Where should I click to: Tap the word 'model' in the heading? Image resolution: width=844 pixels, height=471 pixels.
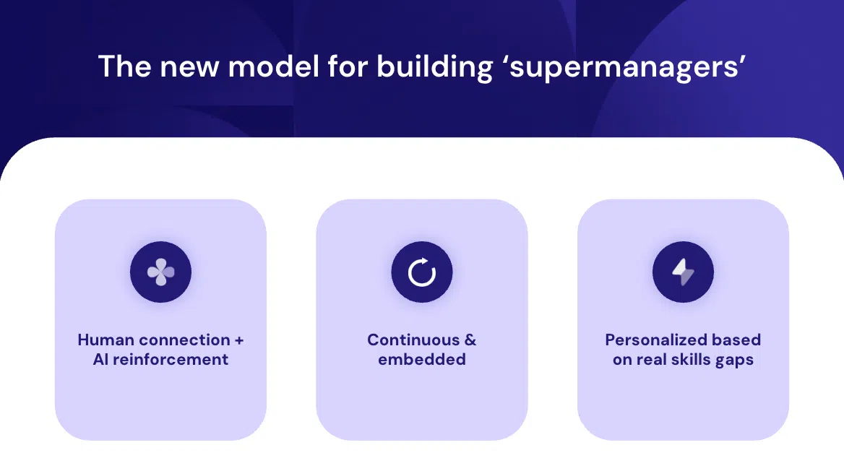point(274,66)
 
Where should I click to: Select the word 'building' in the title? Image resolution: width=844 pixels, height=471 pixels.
point(434,68)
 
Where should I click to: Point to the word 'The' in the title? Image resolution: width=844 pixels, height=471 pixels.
point(124,66)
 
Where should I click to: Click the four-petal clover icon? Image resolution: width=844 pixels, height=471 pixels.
point(160,272)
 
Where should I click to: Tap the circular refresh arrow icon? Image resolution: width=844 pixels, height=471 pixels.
point(421,272)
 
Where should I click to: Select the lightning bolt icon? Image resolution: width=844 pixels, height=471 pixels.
point(683,272)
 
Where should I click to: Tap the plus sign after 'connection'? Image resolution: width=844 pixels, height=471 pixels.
point(239,340)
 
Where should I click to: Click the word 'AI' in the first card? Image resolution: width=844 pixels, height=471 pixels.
point(100,359)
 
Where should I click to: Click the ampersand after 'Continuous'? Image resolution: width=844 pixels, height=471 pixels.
point(470,340)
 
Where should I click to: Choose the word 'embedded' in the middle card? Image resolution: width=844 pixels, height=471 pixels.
point(422,359)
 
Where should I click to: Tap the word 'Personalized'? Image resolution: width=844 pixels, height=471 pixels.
point(648,340)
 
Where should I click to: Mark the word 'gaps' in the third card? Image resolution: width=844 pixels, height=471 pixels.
point(735,360)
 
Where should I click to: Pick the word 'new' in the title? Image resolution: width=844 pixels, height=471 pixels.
point(189,69)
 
